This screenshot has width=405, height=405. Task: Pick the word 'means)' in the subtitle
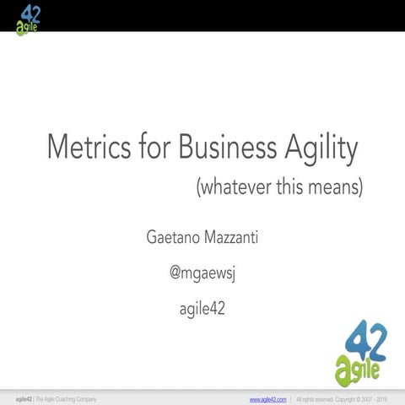click(335, 187)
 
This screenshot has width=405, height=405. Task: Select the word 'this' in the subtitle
click(288, 187)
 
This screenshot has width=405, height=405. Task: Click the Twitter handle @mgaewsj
click(202, 273)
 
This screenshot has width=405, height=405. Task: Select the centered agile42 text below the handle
click(202, 310)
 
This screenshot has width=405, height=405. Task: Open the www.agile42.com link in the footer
click(268, 398)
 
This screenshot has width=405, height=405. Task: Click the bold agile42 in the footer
click(23, 398)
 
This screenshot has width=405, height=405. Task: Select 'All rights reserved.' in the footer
click(318, 398)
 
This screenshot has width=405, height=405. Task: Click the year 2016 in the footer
click(381, 398)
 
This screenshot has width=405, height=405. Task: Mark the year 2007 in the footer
click(364, 398)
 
